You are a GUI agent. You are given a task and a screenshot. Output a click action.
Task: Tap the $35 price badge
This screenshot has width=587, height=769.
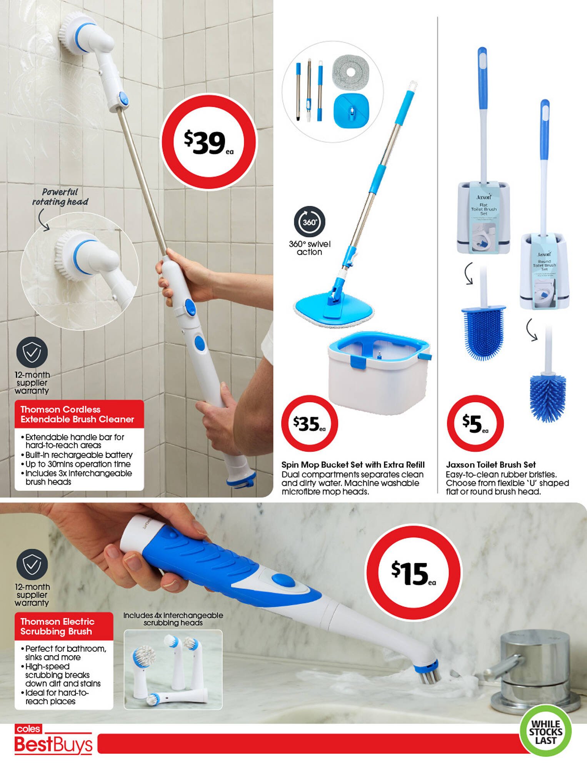pos(309,423)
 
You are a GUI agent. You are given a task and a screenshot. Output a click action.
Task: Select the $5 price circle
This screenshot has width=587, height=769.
pos(475,423)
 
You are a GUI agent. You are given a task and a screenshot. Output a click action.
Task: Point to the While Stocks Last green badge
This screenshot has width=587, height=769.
pos(545,732)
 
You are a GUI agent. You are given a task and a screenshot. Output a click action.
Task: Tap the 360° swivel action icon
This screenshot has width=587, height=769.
pos(310,222)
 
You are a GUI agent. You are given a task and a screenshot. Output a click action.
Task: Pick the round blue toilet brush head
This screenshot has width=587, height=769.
pos(548,398)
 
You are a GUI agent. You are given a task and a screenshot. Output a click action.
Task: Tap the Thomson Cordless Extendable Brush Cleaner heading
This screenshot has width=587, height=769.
pos(77,414)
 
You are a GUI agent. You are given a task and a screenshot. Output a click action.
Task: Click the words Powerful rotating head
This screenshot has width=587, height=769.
pos(60,197)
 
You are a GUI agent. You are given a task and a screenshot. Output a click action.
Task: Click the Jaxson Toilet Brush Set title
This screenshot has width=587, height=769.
pos(490,464)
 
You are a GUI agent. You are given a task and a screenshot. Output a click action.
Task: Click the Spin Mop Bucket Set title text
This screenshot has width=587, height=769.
pos(353,464)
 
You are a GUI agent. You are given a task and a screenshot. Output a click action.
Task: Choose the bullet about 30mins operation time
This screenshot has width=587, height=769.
pos(78,464)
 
